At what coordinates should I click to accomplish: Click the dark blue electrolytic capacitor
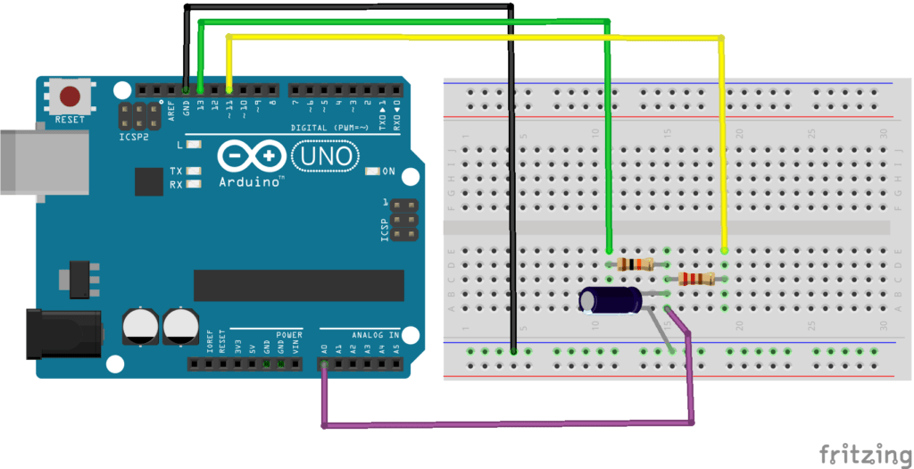pyautogui.click(x=609, y=300)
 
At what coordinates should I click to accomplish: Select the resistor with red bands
pyautogui.click(x=695, y=279)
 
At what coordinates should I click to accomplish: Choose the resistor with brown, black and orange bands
pyautogui.click(x=635, y=264)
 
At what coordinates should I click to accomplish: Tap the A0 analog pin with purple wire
pyautogui.click(x=324, y=364)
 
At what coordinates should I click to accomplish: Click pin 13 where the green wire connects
pyautogui.click(x=201, y=90)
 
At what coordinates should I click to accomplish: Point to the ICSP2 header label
pyautogui.click(x=133, y=139)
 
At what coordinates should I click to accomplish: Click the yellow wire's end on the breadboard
pyautogui.click(x=724, y=251)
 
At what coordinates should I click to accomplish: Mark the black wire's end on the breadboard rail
pyautogui.click(x=514, y=351)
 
